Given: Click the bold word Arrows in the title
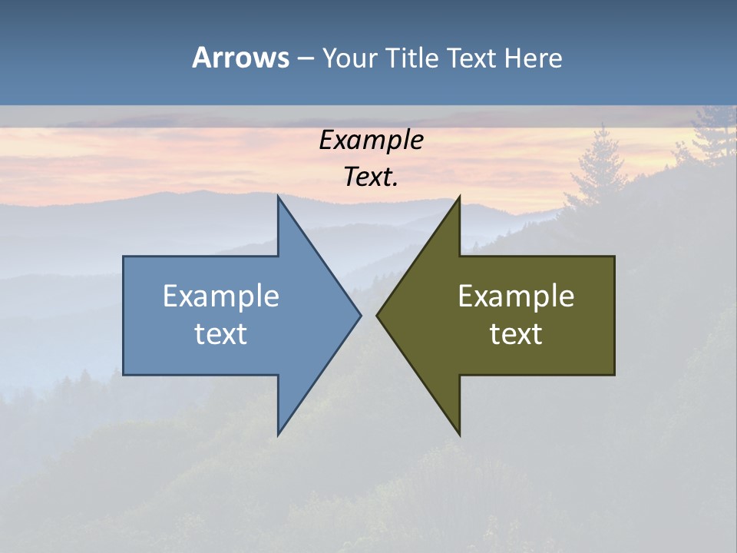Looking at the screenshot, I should coord(240,58).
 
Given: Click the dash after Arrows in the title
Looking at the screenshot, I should coord(305,59).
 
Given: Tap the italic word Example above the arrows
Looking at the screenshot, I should coord(372,141).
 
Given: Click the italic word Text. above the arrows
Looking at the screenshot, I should coord(369,177).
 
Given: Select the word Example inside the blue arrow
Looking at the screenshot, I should coord(221,296).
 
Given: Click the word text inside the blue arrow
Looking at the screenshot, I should coord(221,334).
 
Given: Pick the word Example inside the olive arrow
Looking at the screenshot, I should coord(516,296).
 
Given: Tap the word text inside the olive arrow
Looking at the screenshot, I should coord(516,334).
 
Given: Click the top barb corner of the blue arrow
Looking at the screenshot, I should coord(279,197).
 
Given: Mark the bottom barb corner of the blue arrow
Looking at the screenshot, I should coord(279,434).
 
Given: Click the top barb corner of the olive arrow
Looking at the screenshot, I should coord(459,197).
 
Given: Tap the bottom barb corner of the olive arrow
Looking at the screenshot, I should coord(459,434).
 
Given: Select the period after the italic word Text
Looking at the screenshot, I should coord(396,185).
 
